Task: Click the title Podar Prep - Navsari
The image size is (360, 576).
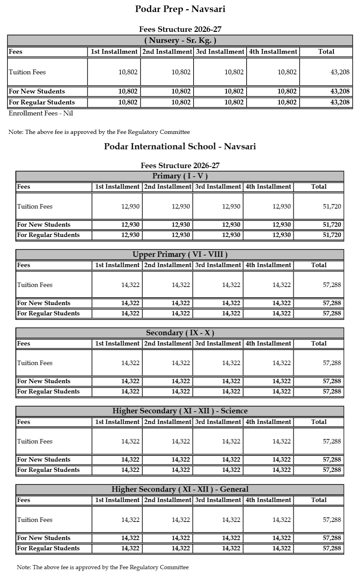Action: (180, 9)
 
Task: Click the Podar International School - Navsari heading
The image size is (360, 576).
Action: (180, 147)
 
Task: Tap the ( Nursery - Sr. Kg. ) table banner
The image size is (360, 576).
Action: (180, 40)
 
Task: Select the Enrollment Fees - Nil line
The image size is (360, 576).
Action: (41, 113)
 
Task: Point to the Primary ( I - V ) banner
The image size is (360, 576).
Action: (180, 176)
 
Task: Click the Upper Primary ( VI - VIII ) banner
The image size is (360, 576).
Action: (180, 254)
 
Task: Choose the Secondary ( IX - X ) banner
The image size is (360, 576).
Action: (180, 333)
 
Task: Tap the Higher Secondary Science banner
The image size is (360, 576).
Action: (180, 411)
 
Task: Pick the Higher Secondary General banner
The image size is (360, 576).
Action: (180, 489)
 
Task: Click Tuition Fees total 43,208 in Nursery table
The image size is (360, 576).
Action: (340, 72)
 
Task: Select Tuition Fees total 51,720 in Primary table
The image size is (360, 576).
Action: (332, 206)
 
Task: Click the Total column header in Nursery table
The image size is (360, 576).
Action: (326, 52)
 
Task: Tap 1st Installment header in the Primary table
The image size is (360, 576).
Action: (117, 187)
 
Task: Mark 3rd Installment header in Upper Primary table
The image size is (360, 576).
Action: (218, 265)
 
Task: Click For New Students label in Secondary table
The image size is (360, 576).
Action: (44, 381)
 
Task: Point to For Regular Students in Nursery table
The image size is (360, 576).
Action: (42, 102)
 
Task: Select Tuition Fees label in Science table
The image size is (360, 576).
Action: (35, 441)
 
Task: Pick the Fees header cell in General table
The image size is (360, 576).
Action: (24, 500)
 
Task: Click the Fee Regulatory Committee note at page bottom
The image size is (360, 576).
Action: (103, 567)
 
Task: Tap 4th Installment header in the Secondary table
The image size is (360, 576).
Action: (268, 343)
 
